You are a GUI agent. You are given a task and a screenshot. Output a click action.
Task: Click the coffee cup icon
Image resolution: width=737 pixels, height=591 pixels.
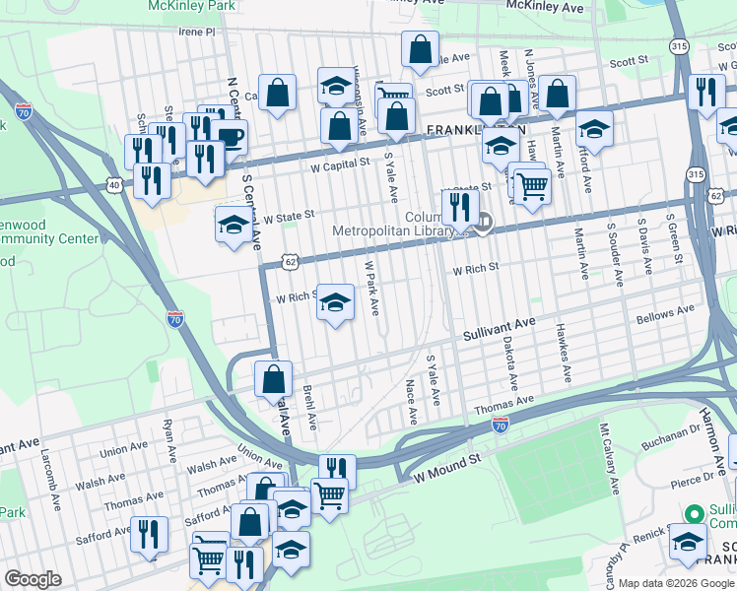pyautogui.click(x=231, y=137)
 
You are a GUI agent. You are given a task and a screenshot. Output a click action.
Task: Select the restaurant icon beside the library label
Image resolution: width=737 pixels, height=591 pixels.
pyautogui.click(x=460, y=207)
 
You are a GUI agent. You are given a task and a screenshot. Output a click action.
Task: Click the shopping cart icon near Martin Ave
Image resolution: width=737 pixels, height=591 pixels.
pyautogui.click(x=532, y=185)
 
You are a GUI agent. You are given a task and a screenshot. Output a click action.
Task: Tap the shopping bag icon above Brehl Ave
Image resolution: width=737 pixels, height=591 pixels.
pyautogui.click(x=273, y=378)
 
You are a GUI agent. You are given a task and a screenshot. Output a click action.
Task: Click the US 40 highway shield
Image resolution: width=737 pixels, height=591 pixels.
pyautogui.click(x=115, y=184)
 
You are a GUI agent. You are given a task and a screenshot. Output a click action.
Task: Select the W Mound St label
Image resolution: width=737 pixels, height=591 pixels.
pyautogui.click(x=446, y=460)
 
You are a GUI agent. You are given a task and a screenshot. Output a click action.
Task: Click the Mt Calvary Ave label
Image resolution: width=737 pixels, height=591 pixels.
pyautogui.click(x=610, y=459)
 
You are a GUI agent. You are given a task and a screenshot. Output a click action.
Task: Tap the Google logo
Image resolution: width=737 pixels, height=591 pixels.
pyautogui.click(x=33, y=579)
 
